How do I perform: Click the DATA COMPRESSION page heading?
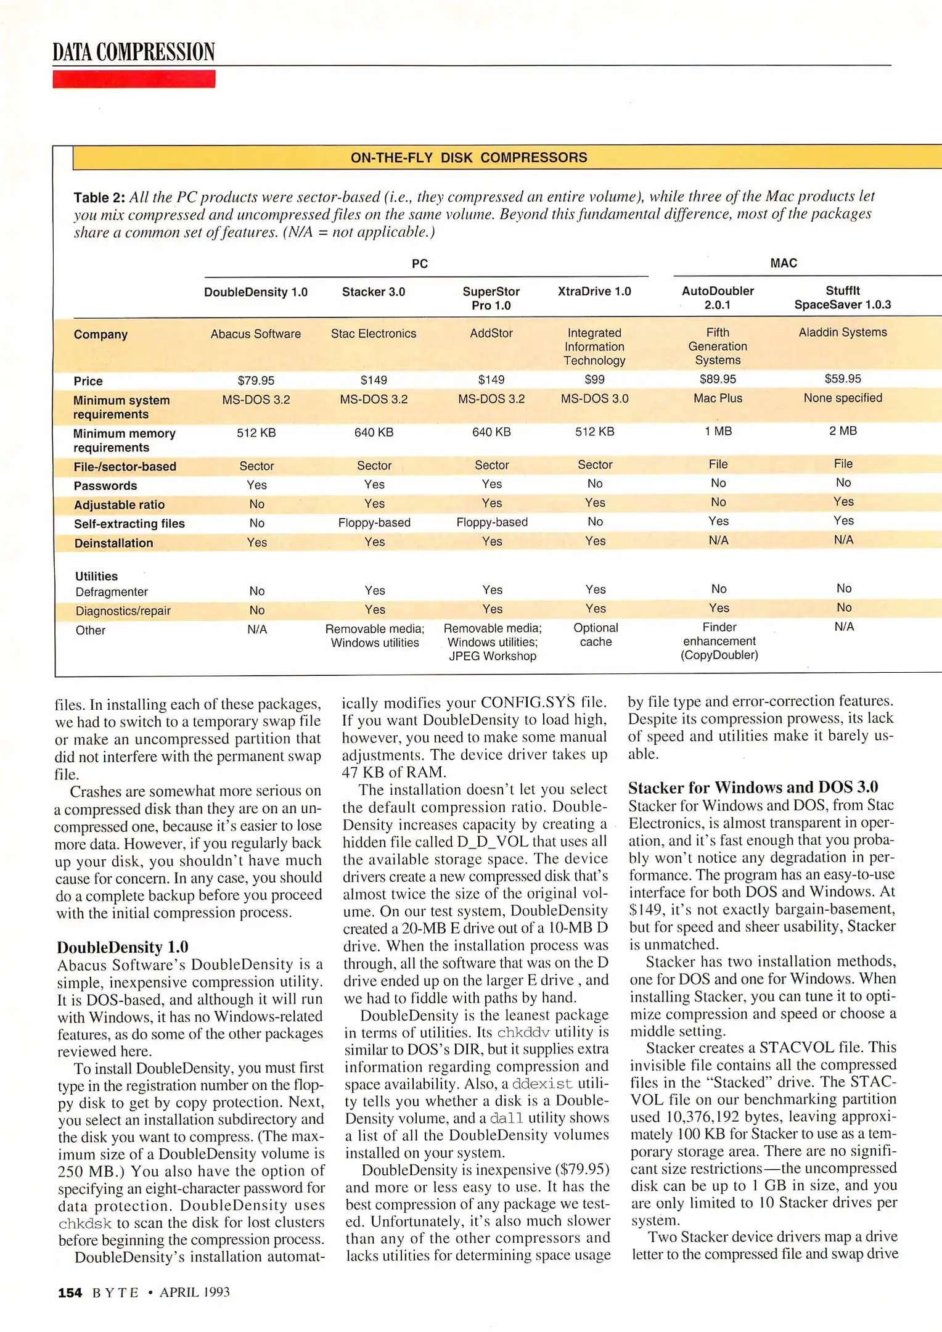tap(133, 52)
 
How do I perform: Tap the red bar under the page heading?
tap(134, 80)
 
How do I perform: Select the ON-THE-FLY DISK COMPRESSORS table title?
tap(469, 158)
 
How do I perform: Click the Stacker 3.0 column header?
tap(374, 292)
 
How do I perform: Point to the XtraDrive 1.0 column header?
tap(594, 291)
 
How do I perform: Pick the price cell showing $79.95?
tap(256, 380)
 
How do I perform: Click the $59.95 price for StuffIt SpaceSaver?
tap(843, 379)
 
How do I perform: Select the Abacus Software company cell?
tap(256, 334)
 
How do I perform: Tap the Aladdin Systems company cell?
tap(843, 332)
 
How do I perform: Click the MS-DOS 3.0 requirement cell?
tap(594, 399)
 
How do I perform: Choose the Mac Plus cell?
tap(718, 398)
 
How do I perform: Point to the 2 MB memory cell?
tap(843, 431)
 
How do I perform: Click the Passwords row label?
tap(105, 486)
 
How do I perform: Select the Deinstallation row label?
tap(113, 543)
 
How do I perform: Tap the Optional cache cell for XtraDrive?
tap(596, 635)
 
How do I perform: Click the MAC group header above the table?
tap(784, 263)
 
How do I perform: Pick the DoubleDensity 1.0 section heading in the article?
tap(123, 947)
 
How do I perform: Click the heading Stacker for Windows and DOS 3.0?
tap(753, 787)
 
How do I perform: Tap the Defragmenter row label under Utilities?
tap(112, 592)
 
